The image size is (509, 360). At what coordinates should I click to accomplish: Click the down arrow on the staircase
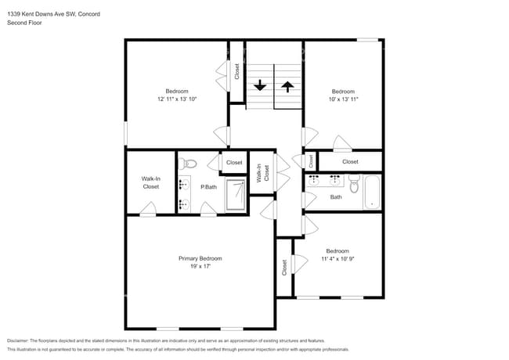pyautogui.click(x=260, y=85)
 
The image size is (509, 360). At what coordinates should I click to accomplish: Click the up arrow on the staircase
pyautogui.click(x=287, y=85)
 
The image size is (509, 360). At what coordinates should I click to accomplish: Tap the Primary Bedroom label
pyautogui.click(x=200, y=258)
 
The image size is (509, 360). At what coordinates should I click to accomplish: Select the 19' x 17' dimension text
pyautogui.click(x=200, y=267)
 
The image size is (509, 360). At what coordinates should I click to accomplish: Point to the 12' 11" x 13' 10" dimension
pyautogui.click(x=176, y=99)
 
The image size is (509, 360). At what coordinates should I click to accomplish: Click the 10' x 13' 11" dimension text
pyautogui.click(x=343, y=99)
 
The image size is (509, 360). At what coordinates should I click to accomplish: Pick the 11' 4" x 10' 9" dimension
pyautogui.click(x=338, y=260)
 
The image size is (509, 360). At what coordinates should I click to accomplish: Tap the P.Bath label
pyautogui.click(x=208, y=187)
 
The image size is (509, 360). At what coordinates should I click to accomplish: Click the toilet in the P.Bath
pyautogui.click(x=186, y=164)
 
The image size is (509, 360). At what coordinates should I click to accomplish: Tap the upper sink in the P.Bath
pyautogui.click(x=183, y=185)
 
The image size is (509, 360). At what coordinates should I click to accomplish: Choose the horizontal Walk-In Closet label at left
pyautogui.click(x=150, y=183)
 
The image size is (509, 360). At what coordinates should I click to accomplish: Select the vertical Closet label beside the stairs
pyautogui.click(x=236, y=71)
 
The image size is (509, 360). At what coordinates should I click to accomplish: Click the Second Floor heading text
pyautogui.click(x=24, y=23)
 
